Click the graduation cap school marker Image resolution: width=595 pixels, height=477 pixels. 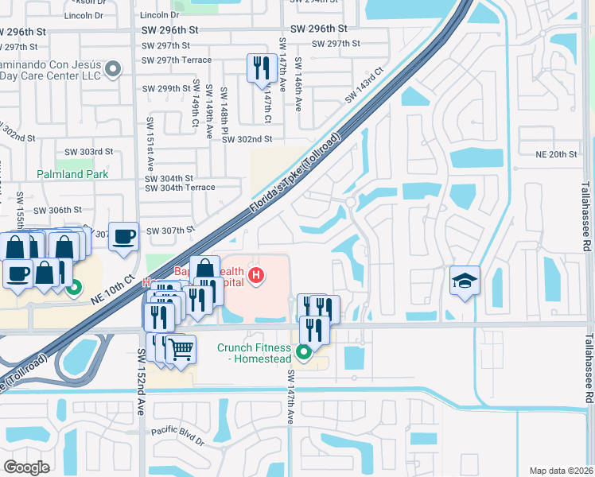pos(465,281)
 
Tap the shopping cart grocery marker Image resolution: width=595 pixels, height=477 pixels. pos(181,349)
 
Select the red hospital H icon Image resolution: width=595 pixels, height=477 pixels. pos(256,276)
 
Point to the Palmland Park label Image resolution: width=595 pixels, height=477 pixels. pos(72,173)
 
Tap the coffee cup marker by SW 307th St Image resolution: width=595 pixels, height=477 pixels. pos(123,236)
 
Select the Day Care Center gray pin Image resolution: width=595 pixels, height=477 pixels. pos(113,68)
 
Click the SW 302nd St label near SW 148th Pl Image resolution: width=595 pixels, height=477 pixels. pos(247,139)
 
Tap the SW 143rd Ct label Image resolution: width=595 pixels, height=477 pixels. pos(364,84)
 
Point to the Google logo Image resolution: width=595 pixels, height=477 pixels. pos(27,467)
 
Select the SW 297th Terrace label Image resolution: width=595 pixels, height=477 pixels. pos(177,60)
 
